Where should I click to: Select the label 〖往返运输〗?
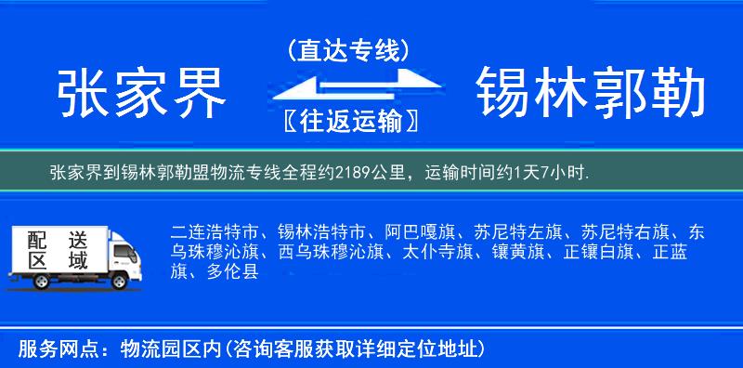point(346,122)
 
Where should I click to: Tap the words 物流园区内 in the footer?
point(167,349)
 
